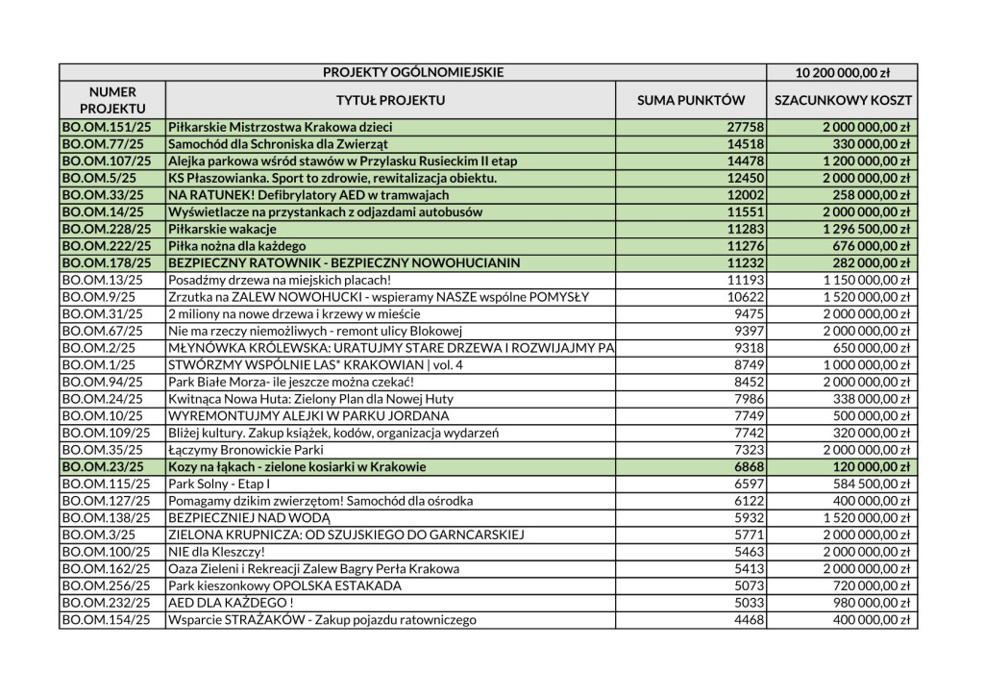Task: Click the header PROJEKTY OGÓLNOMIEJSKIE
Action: (x=413, y=72)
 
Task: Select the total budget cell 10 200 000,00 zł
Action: (x=842, y=72)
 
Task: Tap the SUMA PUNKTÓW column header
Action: (x=691, y=100)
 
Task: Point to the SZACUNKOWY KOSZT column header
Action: (x=842, y=100)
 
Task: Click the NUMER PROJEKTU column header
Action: (x=112, y=100)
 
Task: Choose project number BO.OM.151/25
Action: (x=106, y=127)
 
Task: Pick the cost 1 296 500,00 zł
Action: (x=866, y=228)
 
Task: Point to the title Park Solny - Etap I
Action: (x=219, y=483)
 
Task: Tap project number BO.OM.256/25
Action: (x=106, y=585)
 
